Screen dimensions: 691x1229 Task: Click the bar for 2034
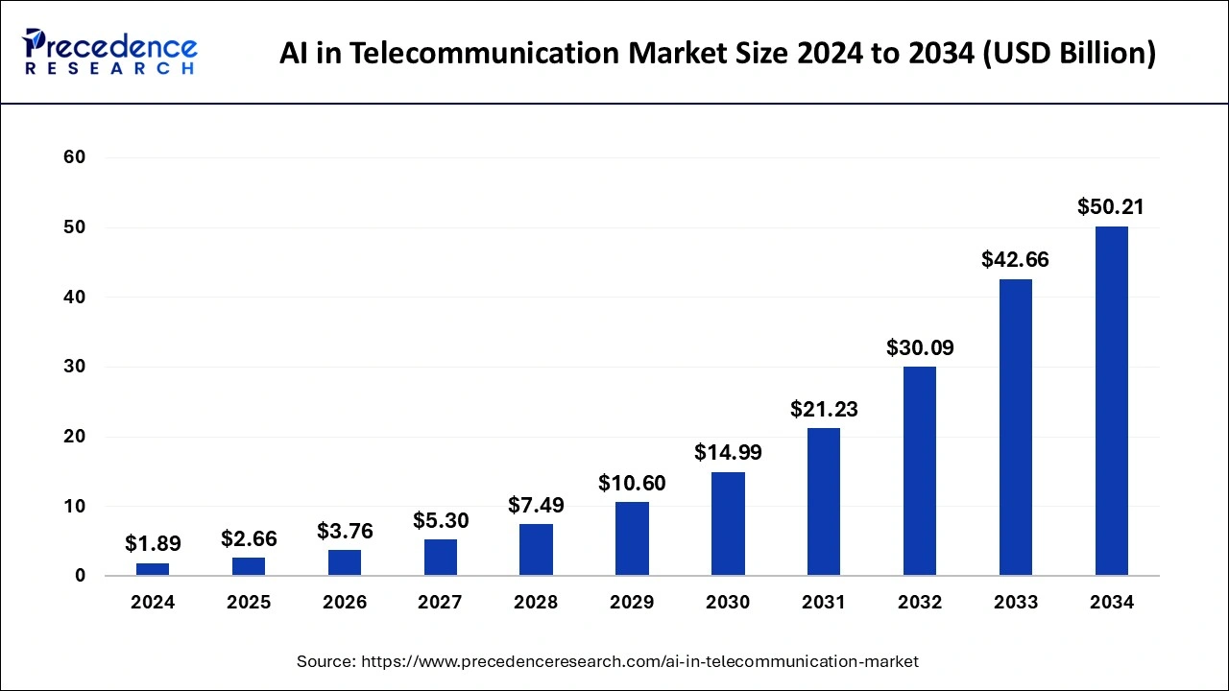[x=1111, y=401]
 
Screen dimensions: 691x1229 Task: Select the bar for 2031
[x=824, y=502]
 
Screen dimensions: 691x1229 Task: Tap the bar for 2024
[x=153, y=569]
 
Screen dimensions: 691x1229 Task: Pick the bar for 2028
[x=536, y=550]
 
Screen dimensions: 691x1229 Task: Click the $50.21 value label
[x=1111, y=207]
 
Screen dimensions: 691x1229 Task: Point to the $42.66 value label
[x=1015, y=260]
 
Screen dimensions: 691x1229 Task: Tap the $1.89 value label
[x=153, y=544]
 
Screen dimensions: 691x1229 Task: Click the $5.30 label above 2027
[x=441, y=521]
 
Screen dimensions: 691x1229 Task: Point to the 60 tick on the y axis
[x=75, y=157]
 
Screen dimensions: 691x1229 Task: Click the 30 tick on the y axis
[x=75, y=367]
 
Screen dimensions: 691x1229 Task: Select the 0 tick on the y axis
[x=81, y=576]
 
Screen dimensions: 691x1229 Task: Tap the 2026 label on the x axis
[x=345, y=603]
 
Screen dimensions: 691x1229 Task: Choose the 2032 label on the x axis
[x=920, y=603]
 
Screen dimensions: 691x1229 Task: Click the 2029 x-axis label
[x=632, y=603]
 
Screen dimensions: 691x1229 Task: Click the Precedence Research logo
[x=110, y=52]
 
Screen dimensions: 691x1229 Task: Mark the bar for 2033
[x=1015, y=427]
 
